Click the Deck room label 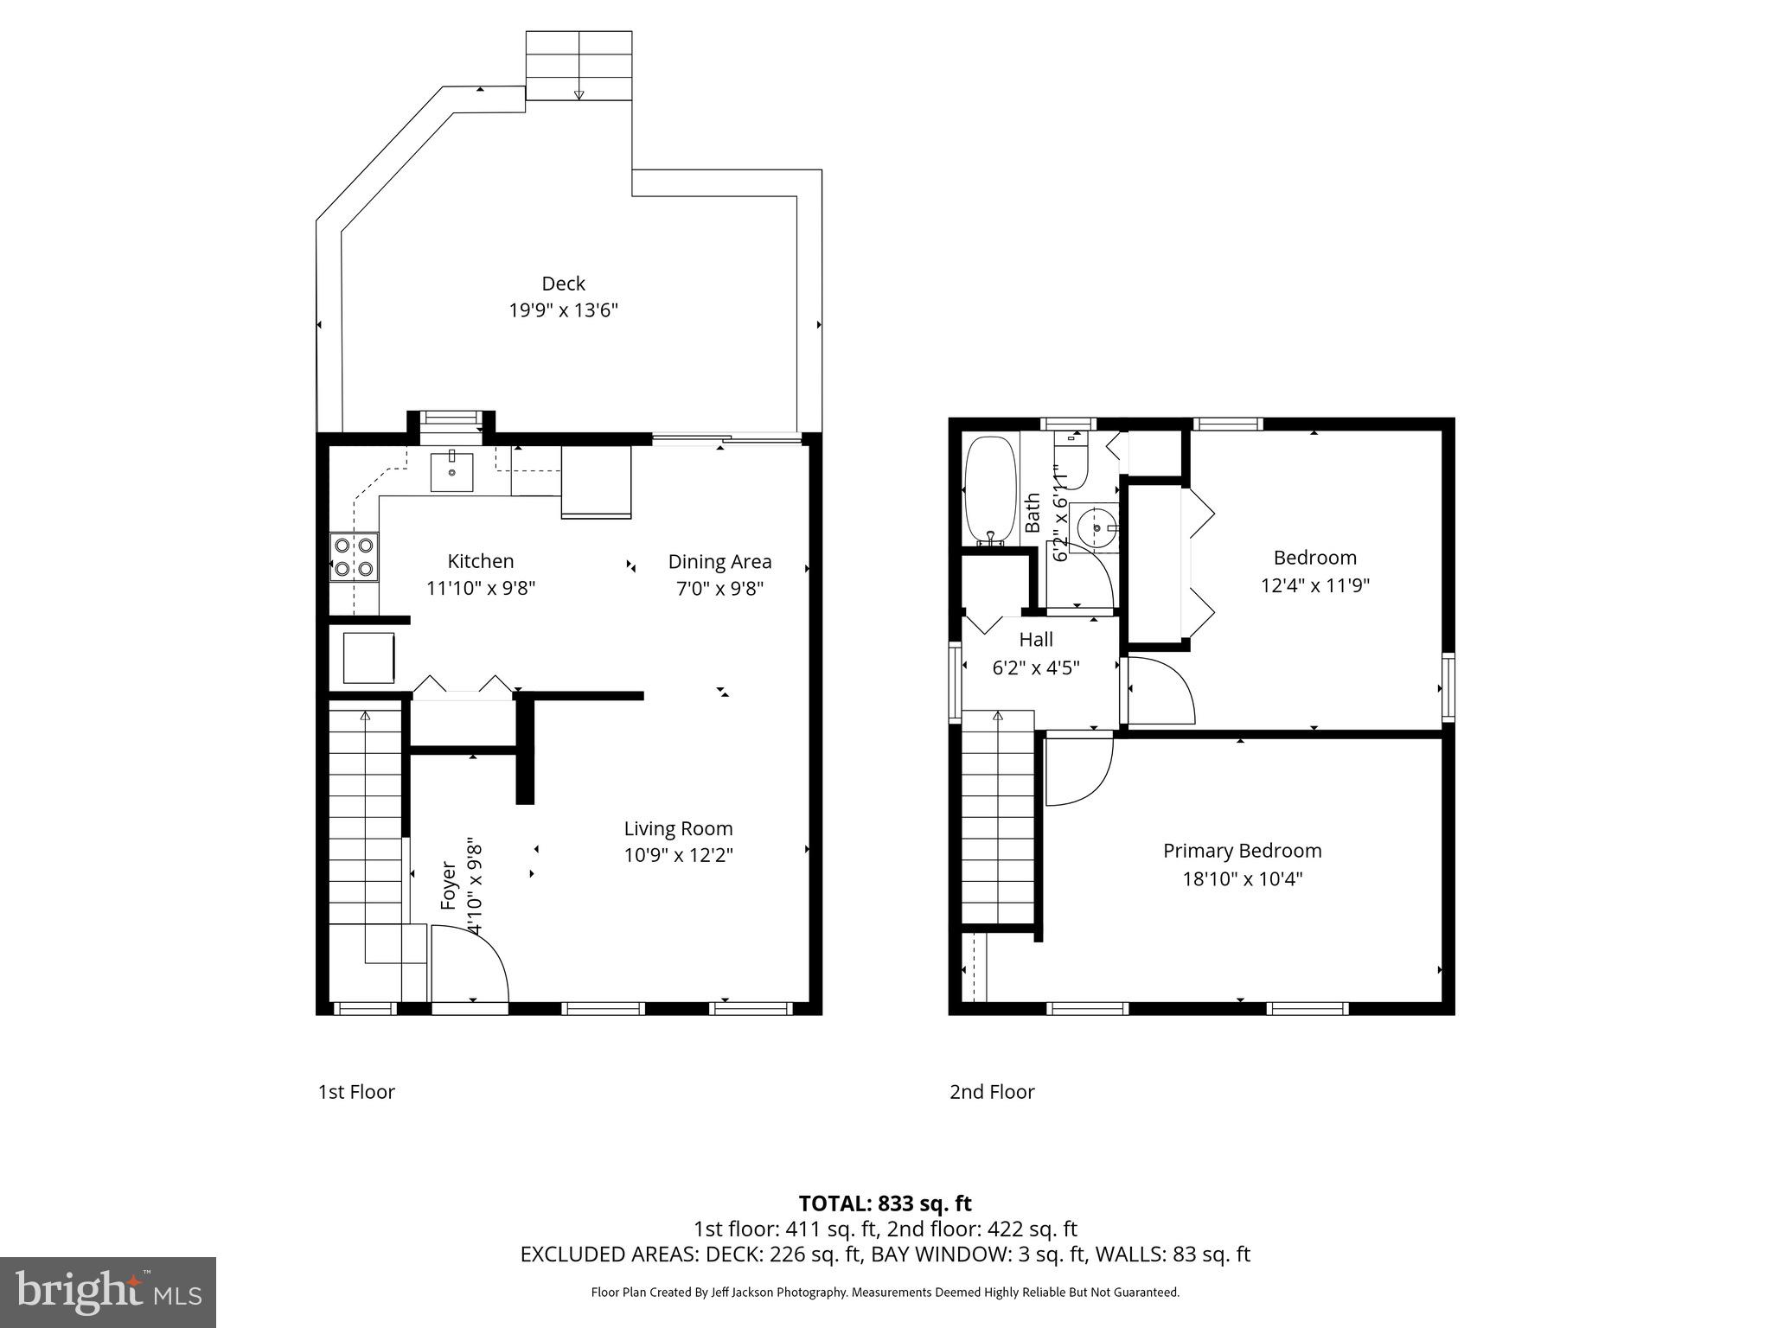coord(563,284)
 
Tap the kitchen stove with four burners coord(355,557)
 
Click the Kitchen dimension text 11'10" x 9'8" coord(481,589)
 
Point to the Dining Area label coord(719,562)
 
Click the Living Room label coord(678,829)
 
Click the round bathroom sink coord(1096,527)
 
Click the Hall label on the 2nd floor coord(1036,640)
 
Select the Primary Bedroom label coord(1242,851)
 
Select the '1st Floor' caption coord(356,1092)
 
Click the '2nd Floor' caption coord(992,1092)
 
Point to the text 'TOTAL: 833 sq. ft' coord(885,1203)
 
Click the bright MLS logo coord(108,1292)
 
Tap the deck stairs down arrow coord(579,93)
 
